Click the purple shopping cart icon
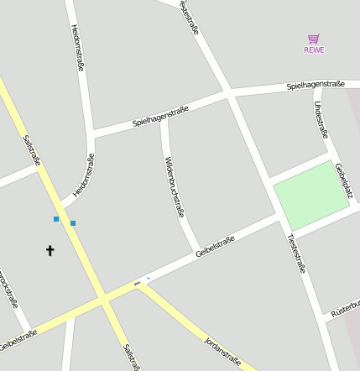(314, 39)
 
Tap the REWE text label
(314, 50)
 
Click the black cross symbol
(50, 250)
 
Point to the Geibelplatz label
(344, 180)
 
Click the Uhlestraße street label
(319, 118)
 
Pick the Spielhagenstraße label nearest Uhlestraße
(316, 85)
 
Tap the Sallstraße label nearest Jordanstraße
(129, 357)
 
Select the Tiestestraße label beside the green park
(296, 253)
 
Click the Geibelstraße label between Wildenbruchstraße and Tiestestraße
(215, 248)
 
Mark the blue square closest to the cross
(56, 219)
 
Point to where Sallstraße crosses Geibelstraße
(102, 298)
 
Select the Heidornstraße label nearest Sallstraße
(84, 175)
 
